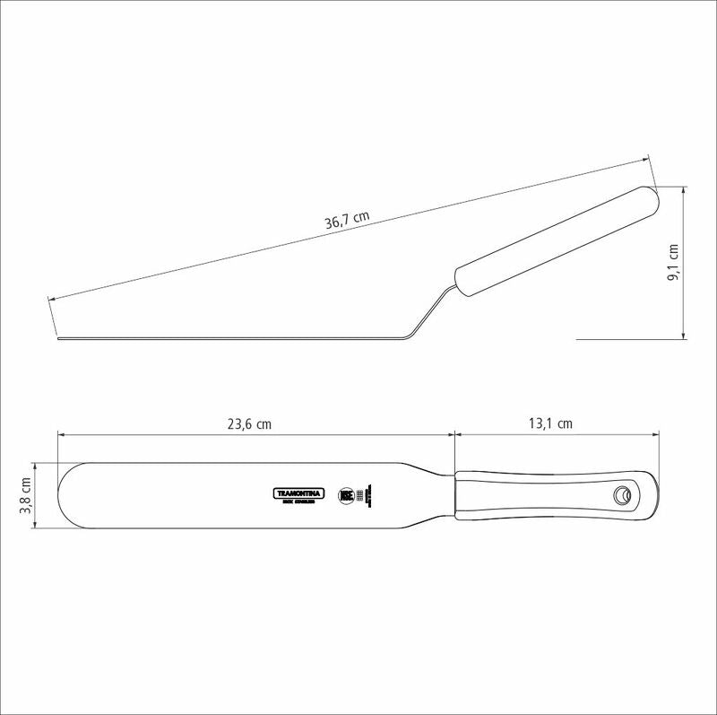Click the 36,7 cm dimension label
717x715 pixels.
[347, 219]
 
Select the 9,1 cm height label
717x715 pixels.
[673, 263]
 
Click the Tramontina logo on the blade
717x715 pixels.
[299, 493]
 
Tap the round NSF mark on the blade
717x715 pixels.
[346, 494]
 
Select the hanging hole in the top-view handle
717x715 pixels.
[620, 494]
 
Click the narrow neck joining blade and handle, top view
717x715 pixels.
[437, 495]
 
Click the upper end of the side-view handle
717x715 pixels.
[652, 195]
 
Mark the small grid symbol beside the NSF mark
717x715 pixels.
[360, 495]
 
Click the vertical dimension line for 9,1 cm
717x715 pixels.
[686, 263]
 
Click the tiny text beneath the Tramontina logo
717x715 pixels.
[299, 502]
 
